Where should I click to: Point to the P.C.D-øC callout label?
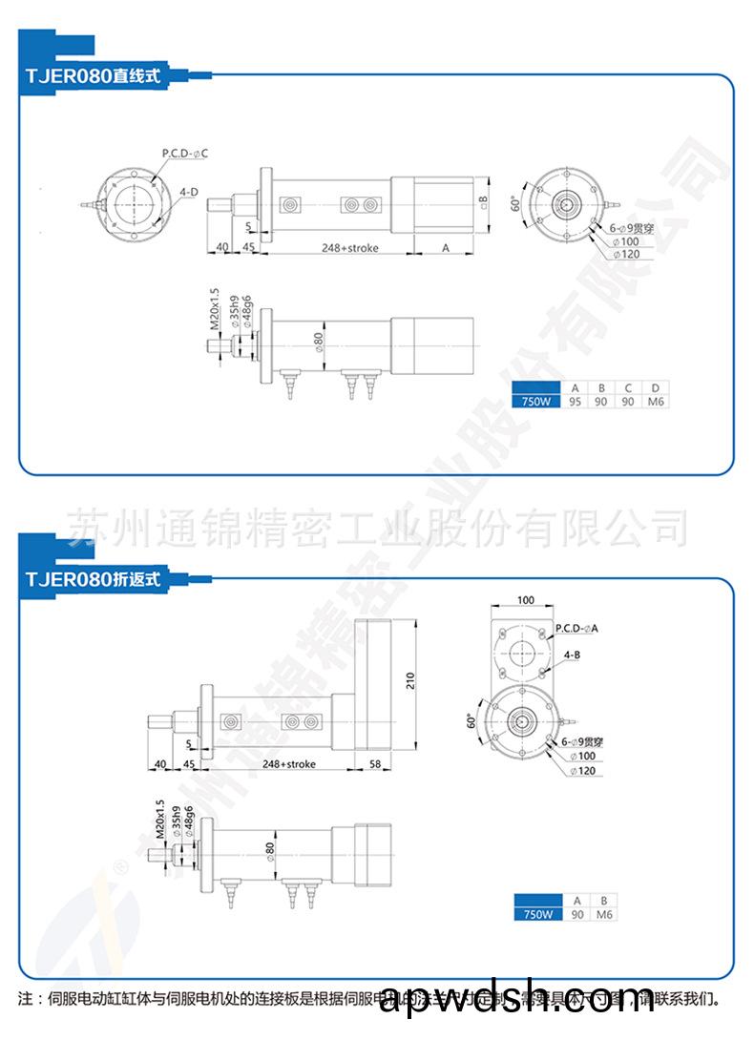(184, 153)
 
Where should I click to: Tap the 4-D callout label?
(189, 192)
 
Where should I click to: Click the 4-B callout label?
(572, 655)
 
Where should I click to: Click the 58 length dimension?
(375, 764)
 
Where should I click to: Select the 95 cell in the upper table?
(575, 402)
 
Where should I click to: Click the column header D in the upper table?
(655, 388)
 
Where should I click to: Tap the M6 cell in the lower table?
(602, 914)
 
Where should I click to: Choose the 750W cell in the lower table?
(534, 914)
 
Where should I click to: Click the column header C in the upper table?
(628, 388)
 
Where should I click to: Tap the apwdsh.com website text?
(516, 999)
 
